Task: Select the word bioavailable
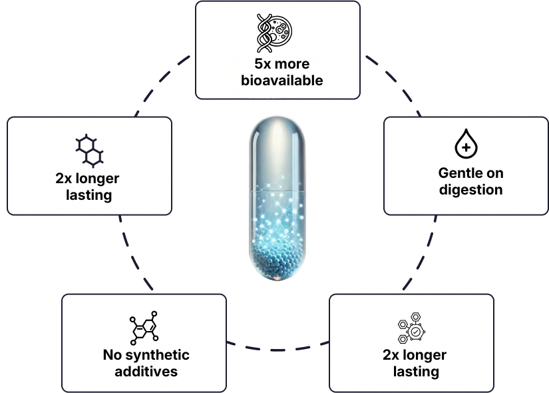tap(277, 81)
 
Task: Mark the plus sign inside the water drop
tap(466, 147)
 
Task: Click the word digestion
tap(470, 189)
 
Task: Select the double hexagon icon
tap(89, 150)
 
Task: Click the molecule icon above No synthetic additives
tap(144, 327)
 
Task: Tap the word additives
tap(146, 371)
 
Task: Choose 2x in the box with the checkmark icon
tap(391, 355)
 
